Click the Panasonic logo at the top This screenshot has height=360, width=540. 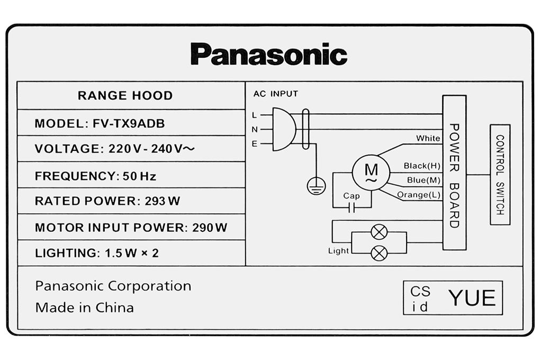(269, 54)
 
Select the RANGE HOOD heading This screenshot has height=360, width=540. (125, 95)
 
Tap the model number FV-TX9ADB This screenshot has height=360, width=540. (129, 123)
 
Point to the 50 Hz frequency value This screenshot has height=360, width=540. (139, 176)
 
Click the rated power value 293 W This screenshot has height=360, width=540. (162, 201)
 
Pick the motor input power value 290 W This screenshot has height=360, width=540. (210, 227)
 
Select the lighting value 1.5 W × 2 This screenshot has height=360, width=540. (131, 253)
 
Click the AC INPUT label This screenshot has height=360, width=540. (275, 94)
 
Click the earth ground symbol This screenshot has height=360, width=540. (316, 186)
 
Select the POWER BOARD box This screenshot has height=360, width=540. (454, 172)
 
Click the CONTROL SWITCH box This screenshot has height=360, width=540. (500, 175)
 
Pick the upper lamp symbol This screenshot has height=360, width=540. (379, 232)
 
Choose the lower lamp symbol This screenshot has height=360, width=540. (379, 254)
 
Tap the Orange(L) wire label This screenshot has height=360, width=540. (418, 195)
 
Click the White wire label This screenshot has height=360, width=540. (428, 138)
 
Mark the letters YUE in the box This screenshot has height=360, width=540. (472, 298)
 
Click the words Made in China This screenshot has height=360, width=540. (84, 307)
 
